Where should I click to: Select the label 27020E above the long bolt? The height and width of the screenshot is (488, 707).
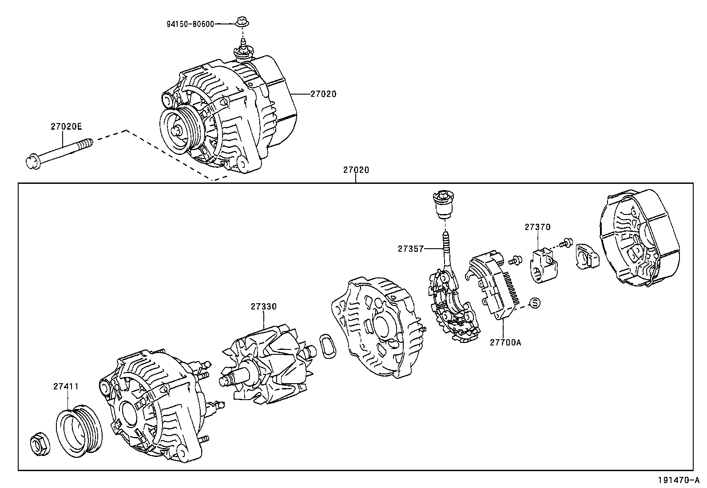point(66,127)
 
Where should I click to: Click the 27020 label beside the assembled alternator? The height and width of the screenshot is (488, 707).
point(323,94)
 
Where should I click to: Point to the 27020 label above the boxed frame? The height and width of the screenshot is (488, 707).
point(356,170)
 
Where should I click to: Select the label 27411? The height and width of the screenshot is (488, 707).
point(66,386)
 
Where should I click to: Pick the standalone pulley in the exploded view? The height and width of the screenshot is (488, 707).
point(79,430)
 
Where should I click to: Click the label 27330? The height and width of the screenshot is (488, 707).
point(263,306)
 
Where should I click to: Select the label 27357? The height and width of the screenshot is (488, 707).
point(411,249)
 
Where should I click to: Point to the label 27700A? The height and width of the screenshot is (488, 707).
point(505,342)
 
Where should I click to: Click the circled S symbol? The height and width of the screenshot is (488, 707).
point(535,303)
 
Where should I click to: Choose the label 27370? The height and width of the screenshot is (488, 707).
point(537,227)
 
